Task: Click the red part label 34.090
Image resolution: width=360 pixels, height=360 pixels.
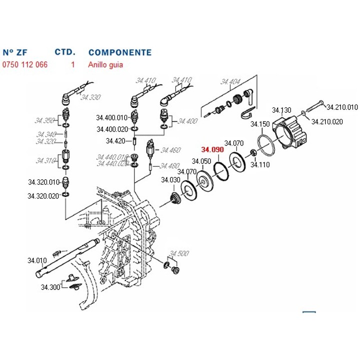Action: click(x=212, y=149)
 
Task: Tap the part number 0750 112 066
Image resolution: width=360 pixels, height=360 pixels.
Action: click(x=25, y=64)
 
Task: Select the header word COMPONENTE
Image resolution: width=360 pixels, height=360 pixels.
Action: click(x=119, y=52)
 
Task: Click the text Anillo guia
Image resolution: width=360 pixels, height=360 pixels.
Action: click(x=105, y=64)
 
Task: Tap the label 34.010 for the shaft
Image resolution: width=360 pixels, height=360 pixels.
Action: click(x=37, y=260)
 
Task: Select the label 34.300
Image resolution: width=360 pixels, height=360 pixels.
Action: click(x=50, y=287)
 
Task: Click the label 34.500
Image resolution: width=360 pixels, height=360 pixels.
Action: click(x=179, y=253)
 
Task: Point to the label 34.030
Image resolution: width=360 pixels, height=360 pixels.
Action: click(x=170, y=180)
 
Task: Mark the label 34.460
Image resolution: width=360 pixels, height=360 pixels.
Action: click(x=170, y=150)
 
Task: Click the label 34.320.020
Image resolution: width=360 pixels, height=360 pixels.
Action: click(x=44, y=196)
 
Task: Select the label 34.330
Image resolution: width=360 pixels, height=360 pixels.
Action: click(x=90, y=97)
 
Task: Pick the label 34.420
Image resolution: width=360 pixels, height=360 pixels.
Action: click(x=115, y=141)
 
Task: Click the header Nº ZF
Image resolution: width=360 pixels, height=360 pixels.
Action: click(x=14, y=52)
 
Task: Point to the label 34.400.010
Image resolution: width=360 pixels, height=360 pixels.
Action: click(x=112, y=117)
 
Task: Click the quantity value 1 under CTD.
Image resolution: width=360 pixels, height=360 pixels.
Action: click(x=73, y=64)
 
